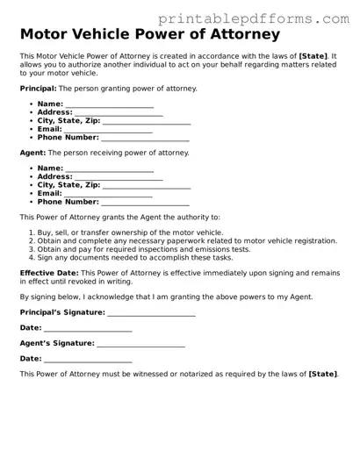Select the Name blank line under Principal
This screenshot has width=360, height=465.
tap(110, 104)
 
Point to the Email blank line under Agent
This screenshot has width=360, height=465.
tap(109, 194)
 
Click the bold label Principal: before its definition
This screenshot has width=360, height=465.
tap(40, 89)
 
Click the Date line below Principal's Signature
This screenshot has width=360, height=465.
tap(88, 328)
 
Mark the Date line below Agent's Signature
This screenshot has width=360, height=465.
tap(88, 359)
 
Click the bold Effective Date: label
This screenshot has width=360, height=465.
tap(49, 274)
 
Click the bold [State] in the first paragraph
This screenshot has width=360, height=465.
tap(314, 56)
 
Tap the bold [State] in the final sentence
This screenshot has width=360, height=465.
tap(322, 375)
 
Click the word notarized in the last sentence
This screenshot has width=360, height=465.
tap(183, 375)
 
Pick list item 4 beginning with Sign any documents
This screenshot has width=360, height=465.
tap(123, 258)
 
